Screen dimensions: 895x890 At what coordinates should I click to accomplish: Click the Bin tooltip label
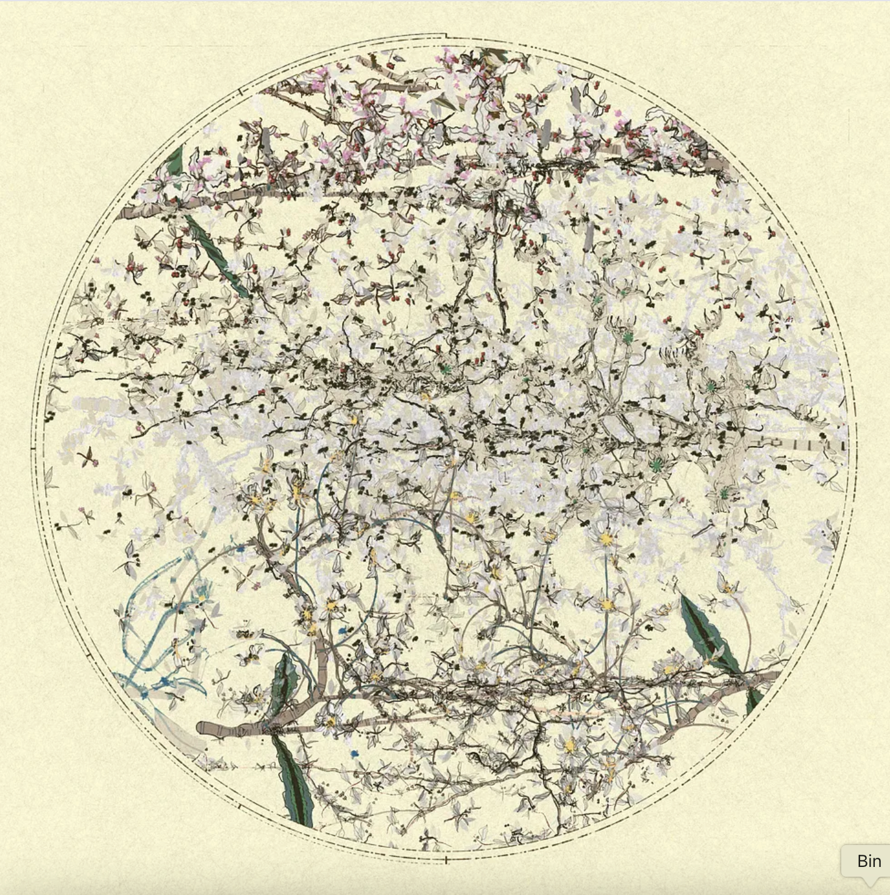click(869, 861)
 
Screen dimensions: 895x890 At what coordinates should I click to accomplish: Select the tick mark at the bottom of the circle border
click(446, 860)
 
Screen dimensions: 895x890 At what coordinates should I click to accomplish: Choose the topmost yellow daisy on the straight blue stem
click(605, 540)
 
